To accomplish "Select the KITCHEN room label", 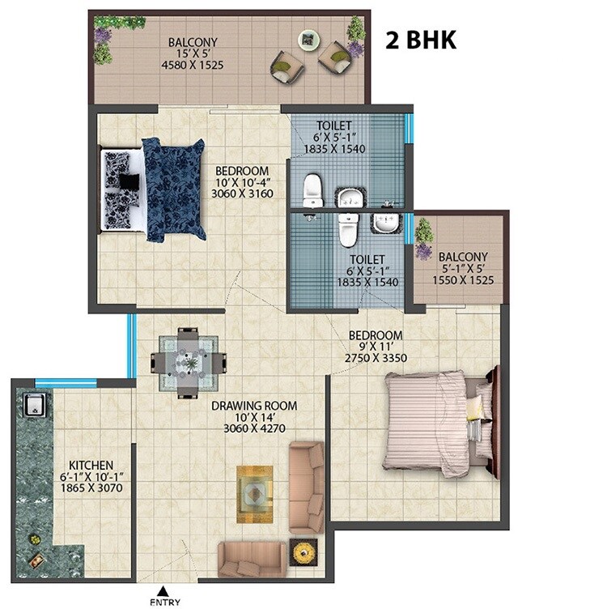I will [91, 465].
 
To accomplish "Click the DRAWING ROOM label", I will [254, 406].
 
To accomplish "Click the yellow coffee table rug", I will [257, 494].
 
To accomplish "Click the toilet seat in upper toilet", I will [312, 191].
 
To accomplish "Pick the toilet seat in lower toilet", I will [348, 230].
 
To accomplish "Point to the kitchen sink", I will [33, 404].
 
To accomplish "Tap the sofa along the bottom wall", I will [252, 558].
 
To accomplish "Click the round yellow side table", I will [304, 551].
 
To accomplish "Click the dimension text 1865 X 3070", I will [91, 490].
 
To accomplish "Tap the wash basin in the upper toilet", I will [348, 196].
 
